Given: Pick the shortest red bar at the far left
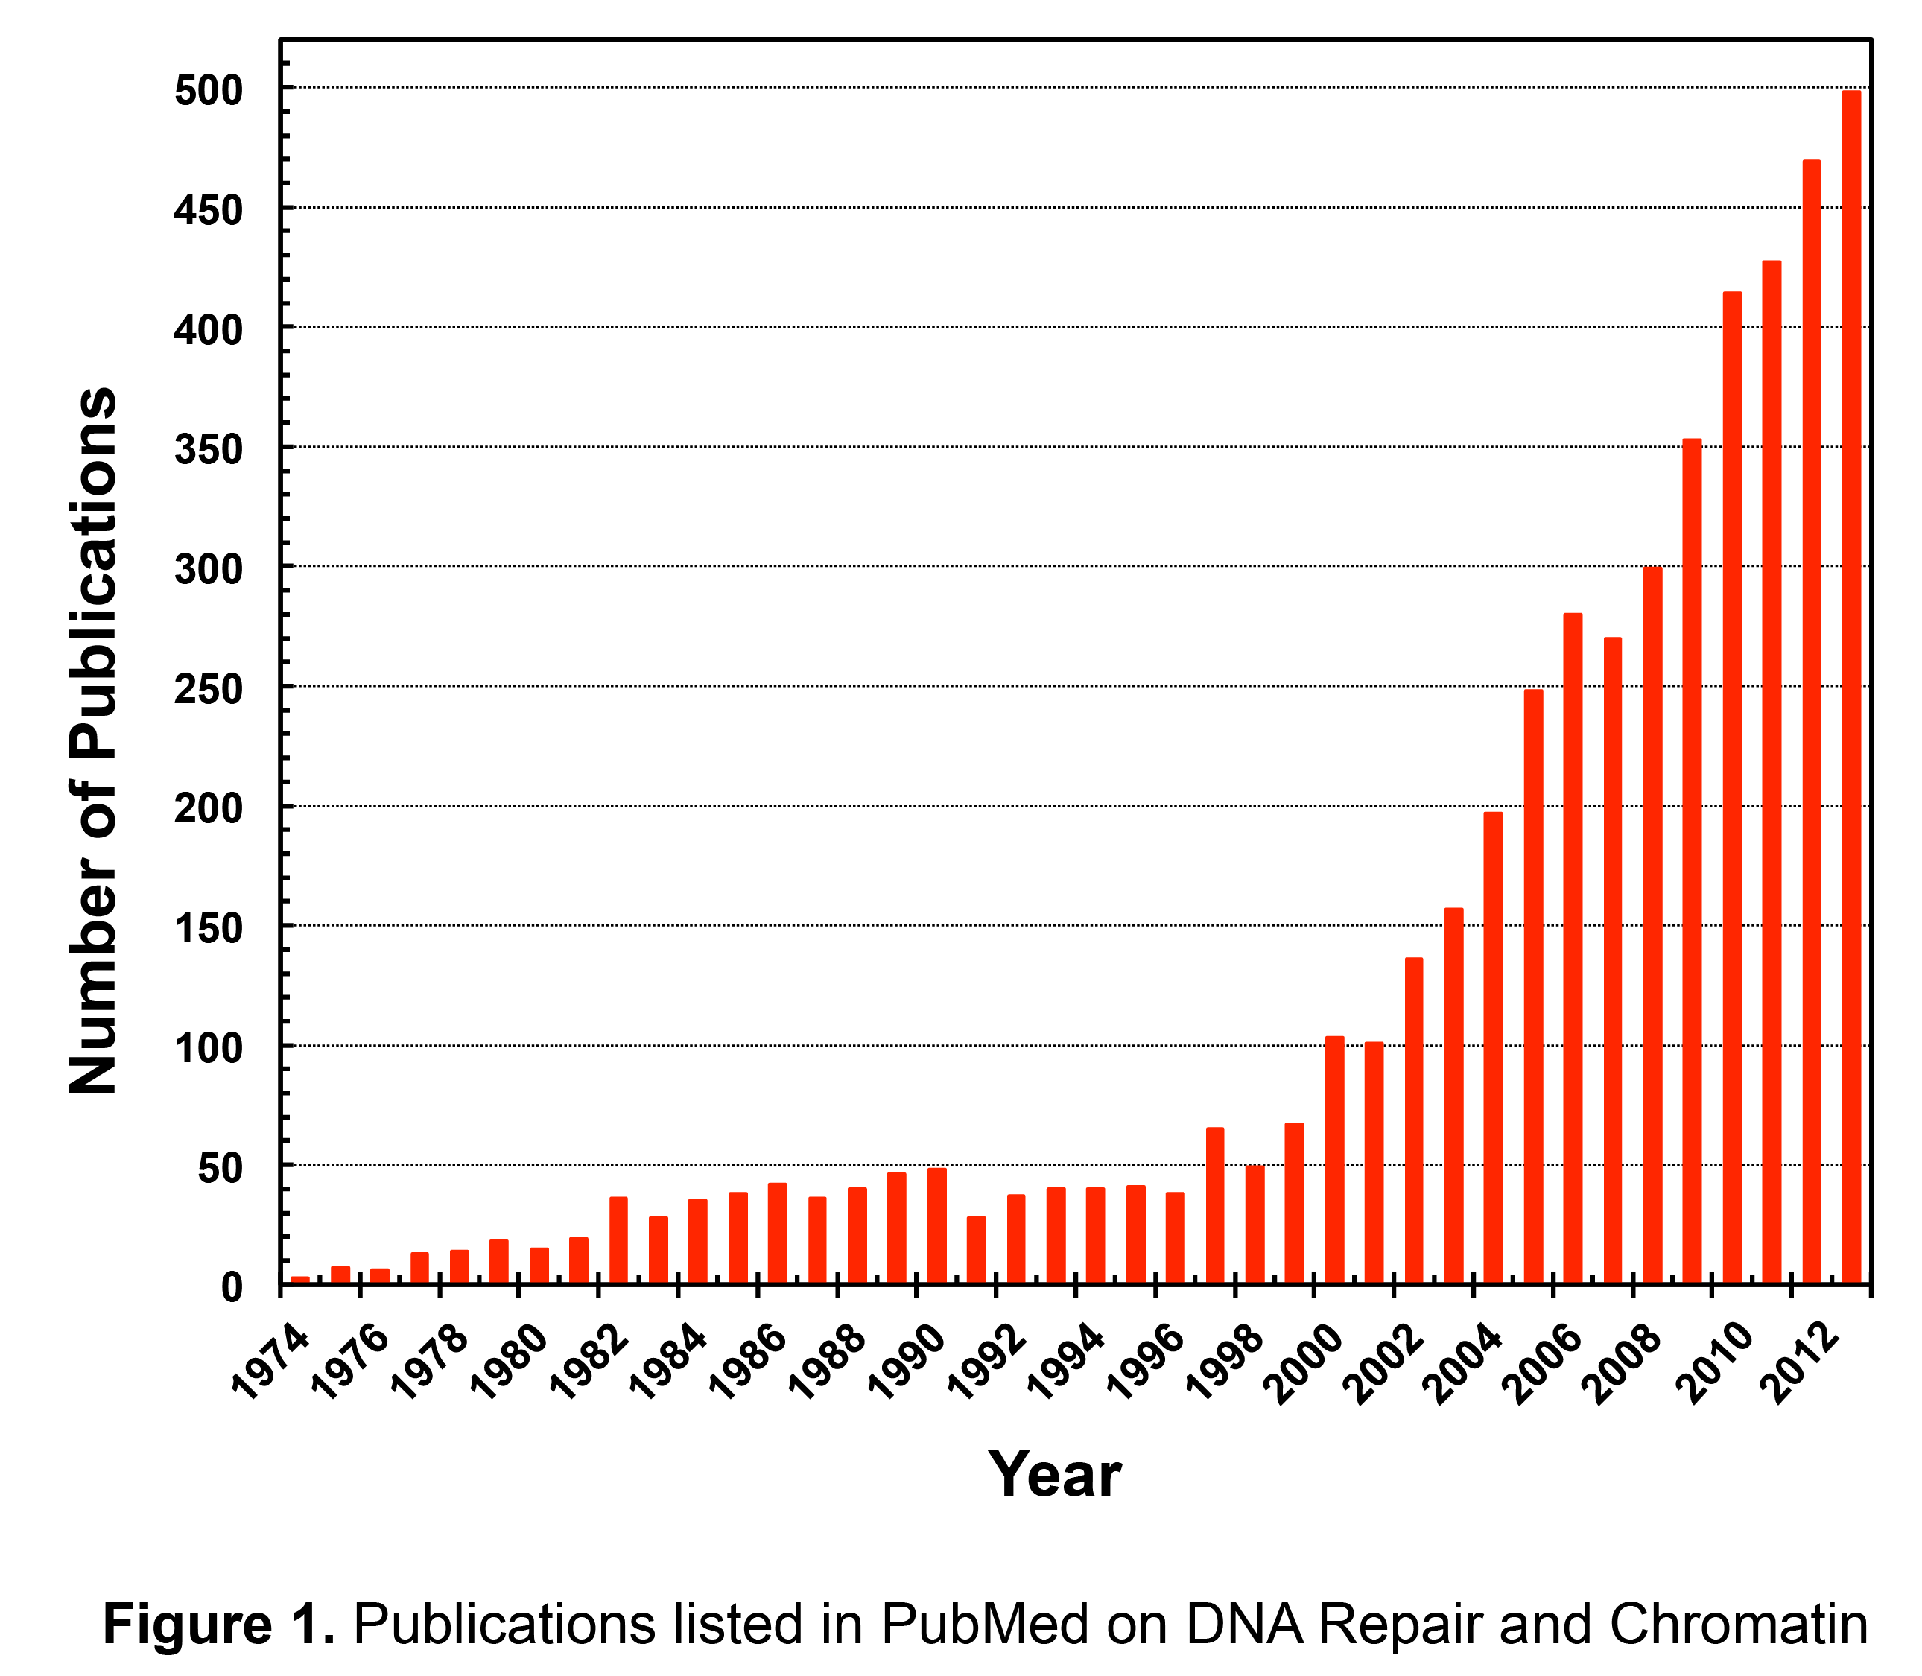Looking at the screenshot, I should tap(300, 1280).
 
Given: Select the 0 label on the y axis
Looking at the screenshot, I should tap(232, 1288).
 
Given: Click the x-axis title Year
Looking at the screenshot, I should tap(1054, 1474).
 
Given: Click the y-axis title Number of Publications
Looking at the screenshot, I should tap(94, 739).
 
